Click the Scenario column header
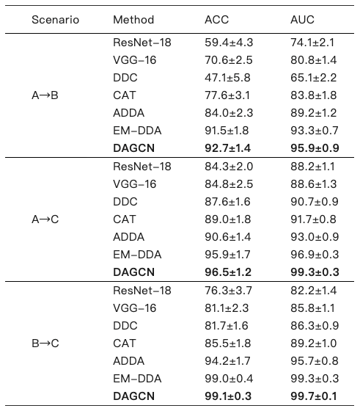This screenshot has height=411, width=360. point(55,20)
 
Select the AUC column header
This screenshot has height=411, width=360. point(302,20)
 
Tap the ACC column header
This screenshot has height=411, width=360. point(216,20)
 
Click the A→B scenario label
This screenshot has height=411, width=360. point(45,95)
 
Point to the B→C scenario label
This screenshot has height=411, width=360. point(45,343)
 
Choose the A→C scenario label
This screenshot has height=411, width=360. point(45,219)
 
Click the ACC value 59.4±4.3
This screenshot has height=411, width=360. point(229,43)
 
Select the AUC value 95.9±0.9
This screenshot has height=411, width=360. point(315,148)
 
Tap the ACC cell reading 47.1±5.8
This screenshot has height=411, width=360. point(227,78)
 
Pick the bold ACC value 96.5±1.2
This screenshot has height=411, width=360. point(228,272)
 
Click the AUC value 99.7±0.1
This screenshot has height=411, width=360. point(313,396)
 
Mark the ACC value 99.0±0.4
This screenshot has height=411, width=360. point(229,379)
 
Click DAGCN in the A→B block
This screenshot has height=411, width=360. point(133,148)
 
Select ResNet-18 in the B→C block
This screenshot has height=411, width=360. point(142,291)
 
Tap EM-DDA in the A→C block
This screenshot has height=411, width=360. point(137,255)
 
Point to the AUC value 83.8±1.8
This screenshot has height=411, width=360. point(313,95)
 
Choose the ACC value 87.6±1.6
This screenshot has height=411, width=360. point(227,202)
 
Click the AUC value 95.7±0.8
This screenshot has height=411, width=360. point(315,361)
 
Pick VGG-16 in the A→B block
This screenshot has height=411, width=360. point(134,60)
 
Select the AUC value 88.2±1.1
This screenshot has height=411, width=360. point(312,167)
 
